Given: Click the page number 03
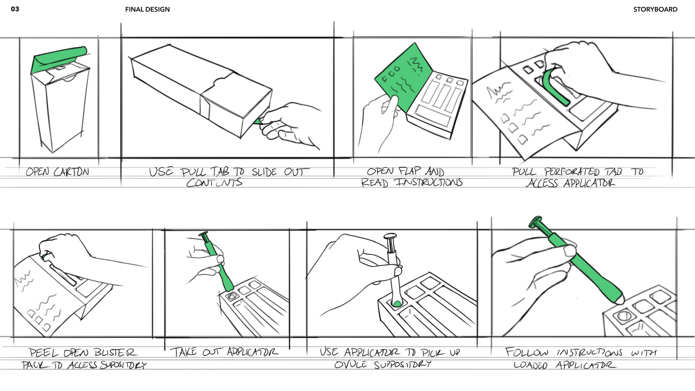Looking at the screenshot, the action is tap(15, 9).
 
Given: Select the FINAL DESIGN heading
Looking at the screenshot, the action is tap(147, 9).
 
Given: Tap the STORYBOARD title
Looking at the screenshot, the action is tap(655, 9).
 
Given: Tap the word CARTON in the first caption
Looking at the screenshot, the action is tap(71, 172).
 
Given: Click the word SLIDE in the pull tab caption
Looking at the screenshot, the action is tap(264, 172).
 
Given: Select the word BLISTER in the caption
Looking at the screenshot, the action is tap(115, 353).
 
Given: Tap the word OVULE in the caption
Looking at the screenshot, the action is tap(350, 365).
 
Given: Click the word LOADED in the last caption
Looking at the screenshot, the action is tap(530, 365).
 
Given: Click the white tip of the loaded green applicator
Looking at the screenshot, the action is tap(620, 300).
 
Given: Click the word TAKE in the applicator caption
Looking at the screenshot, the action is tap(184, 352).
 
